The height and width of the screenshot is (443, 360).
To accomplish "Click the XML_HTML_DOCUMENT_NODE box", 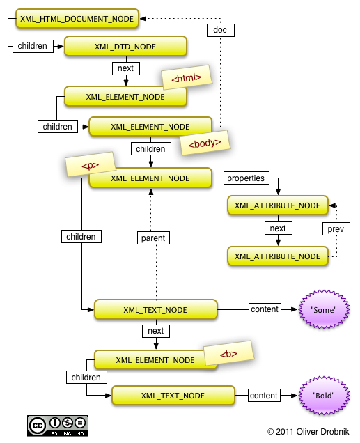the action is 77,19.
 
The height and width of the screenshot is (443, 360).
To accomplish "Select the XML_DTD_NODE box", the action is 125,47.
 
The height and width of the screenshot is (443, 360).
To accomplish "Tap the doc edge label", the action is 221,30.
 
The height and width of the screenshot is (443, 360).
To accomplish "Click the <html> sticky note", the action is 187,77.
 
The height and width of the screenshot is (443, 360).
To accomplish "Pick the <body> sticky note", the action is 205,143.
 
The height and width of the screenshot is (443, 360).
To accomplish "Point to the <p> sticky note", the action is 91,164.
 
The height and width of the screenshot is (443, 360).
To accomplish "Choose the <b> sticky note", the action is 228,353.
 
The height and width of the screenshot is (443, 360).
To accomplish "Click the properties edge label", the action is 246,178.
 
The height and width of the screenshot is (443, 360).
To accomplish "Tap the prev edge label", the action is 336,229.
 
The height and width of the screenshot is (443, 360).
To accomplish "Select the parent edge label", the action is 153,238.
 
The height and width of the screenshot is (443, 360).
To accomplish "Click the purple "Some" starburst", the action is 324,309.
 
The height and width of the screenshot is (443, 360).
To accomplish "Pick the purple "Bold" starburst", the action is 324,395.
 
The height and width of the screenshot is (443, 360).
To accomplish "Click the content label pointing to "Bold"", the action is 264,395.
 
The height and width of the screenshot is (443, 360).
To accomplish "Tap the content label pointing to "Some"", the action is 265,309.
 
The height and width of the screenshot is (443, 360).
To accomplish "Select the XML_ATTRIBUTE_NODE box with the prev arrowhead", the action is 278,205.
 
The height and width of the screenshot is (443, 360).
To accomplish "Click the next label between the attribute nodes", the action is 279,228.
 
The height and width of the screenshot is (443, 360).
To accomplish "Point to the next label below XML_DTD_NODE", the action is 126,68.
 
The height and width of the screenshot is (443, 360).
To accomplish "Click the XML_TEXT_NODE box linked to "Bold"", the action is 173,395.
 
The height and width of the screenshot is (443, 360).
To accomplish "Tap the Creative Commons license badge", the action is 58,426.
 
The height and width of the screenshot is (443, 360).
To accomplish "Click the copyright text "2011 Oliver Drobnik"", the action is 312,432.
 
